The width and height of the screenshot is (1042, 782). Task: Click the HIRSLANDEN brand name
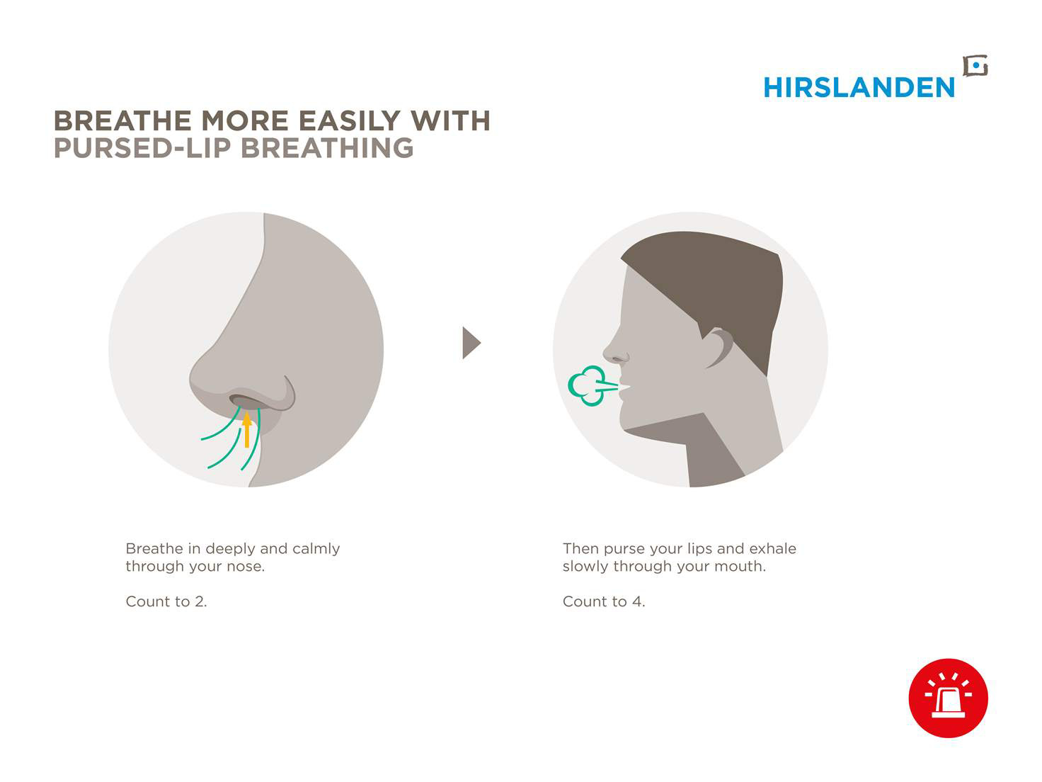pos(858,87)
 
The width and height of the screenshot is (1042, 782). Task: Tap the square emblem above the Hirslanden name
pos(975,66)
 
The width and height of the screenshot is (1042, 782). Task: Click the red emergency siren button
pos(948,698)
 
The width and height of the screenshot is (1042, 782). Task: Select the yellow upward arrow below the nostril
pos(246,429)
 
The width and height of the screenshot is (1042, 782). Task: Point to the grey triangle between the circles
pos(471,342)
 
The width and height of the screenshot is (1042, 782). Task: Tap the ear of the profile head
pos(718,348)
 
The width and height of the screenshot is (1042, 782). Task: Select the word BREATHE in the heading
pos(123,120)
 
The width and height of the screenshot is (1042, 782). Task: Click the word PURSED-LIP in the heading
pos(142,147)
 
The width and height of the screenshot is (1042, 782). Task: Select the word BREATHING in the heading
pos(327,147)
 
